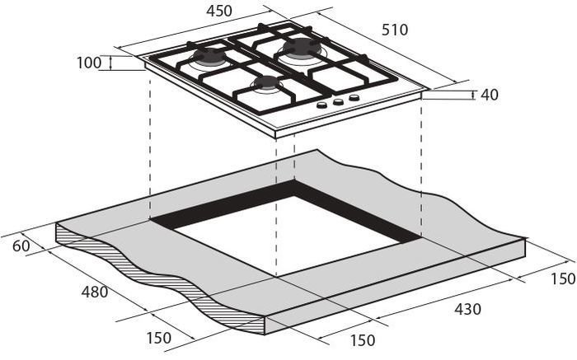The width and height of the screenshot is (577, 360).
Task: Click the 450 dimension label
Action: coord(219,11)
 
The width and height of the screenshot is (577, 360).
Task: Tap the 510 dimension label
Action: coord(395,30)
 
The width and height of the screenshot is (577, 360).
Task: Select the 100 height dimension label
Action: coord(89,63)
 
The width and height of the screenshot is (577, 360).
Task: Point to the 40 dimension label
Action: coord(490,95)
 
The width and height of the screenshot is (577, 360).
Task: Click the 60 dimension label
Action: coord(21,245)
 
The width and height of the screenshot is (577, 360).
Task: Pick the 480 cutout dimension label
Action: coord(95,292)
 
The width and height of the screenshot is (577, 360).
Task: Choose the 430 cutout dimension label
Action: coord(467,309)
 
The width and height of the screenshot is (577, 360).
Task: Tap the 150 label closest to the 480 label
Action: coord(159,338)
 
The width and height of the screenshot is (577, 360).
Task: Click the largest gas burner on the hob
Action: coord(302,48)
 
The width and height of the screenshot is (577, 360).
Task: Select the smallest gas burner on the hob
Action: coord(267,83)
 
